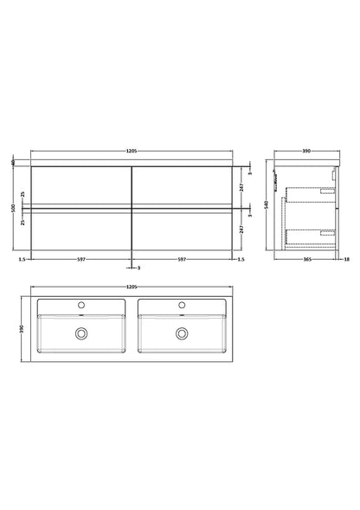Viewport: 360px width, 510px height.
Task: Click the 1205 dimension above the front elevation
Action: pyautogui.click(x=131, y=152)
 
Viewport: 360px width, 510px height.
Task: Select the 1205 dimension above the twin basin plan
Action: pyautogui.click(x=131, y=287)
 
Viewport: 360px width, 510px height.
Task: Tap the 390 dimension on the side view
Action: pyautogui.click(x=305, y=152)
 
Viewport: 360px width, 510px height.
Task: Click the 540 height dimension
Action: pyautogui.click(x=264, y=208)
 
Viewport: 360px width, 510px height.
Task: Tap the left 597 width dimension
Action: pyautogui.click(x=80, y=258)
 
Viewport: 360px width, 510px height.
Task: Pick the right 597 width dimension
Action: pyautogui.click(x=182, y=258)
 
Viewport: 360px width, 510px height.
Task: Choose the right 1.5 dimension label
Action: pyautogui.click(x=241, y=258)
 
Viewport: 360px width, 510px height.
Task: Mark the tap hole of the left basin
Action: pyautogui.click(x=80, y=305)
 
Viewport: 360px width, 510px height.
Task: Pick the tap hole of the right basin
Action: pyautogui.click(x=182, y=305)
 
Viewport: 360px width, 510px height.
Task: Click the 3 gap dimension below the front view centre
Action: pyautogui.click(x=139, y=268)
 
